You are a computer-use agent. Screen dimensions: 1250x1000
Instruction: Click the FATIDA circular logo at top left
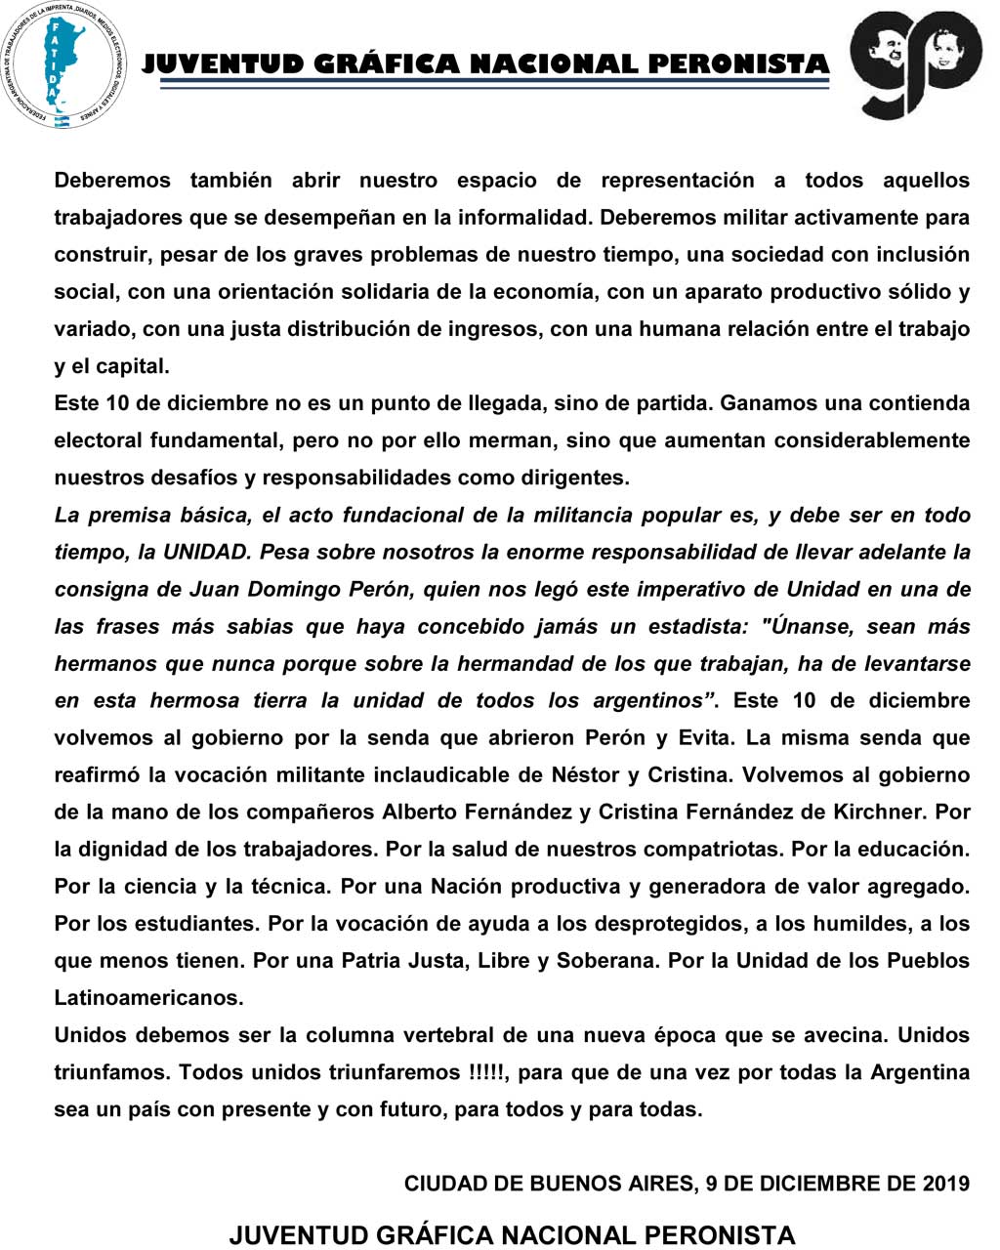[63, 64]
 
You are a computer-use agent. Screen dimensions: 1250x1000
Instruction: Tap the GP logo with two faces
[915, 62]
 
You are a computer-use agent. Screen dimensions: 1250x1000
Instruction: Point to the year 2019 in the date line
[945, 1184]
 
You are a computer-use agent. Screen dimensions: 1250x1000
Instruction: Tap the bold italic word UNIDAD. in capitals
[206, 552]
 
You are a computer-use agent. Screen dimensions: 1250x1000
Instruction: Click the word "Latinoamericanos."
[148, 998]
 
